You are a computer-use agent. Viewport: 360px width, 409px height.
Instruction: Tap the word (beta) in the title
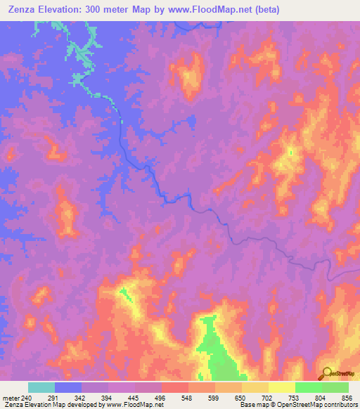click(x=266, y=10)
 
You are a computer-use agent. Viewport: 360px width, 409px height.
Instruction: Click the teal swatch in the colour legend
click(x=41, y=387)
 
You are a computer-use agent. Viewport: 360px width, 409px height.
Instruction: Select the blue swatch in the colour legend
click(x=68, y=387)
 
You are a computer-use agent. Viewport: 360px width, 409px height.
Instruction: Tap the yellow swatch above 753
click(x=281, y=387)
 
